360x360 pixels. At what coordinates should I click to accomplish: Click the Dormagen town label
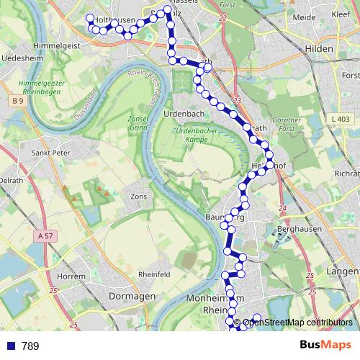[132, 296]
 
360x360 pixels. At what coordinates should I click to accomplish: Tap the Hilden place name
[318, 49]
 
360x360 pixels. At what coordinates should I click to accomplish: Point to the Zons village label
[138, 196]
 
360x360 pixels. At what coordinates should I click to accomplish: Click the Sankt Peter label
[51, 153]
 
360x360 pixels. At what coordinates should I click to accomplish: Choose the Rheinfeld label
[154, 274]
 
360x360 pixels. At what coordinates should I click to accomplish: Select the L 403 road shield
[342, 119]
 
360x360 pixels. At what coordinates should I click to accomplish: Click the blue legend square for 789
[10, 346]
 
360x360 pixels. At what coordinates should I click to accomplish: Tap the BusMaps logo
[326, 346]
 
